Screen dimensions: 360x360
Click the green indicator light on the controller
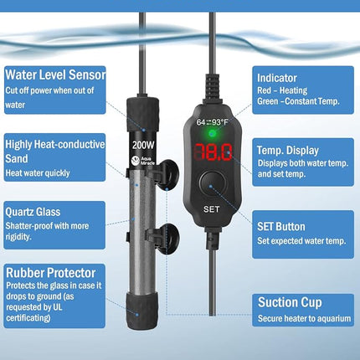pyautogui.click(x=213, y=134)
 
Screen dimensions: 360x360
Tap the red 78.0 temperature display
pyautogui.click(x=213, y=152)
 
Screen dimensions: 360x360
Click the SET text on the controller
pyautogui.click(x=211, y=209)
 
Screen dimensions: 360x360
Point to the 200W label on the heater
pyautogui.click(x=143, y=145)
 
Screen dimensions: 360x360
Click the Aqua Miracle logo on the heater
pyautogui.click(x=143, y=161)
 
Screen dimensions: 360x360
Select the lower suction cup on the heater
pyautogui.click(x=167, y=239)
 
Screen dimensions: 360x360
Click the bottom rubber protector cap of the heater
pyautogui.click(x=141, y=311)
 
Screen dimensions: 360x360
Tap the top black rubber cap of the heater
pyautogui.click(x=142, y=115)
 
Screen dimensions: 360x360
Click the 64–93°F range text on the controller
pyautogui.click(x=212, y=122)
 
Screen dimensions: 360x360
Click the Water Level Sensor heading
pyautogui.click(x=55, y=75)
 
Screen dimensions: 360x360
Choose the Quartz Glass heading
pyautogui.click(x=33, y=212)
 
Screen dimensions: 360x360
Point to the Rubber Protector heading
pyautogui.click(x=51, y=273)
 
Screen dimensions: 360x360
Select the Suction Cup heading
pyautogui.click(x=290, y=302)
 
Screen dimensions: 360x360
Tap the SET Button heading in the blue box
pyautogui.click(x=281, y=227)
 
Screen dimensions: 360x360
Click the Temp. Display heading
pyautogui.click(x=288, y=151)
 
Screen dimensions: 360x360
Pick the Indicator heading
pyautogui.click(x=277, y=78)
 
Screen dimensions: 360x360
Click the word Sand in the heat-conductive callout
pyautogui.click(x=17, y=158)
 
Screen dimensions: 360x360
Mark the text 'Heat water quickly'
pyautogui.click(x=38, y=173)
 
